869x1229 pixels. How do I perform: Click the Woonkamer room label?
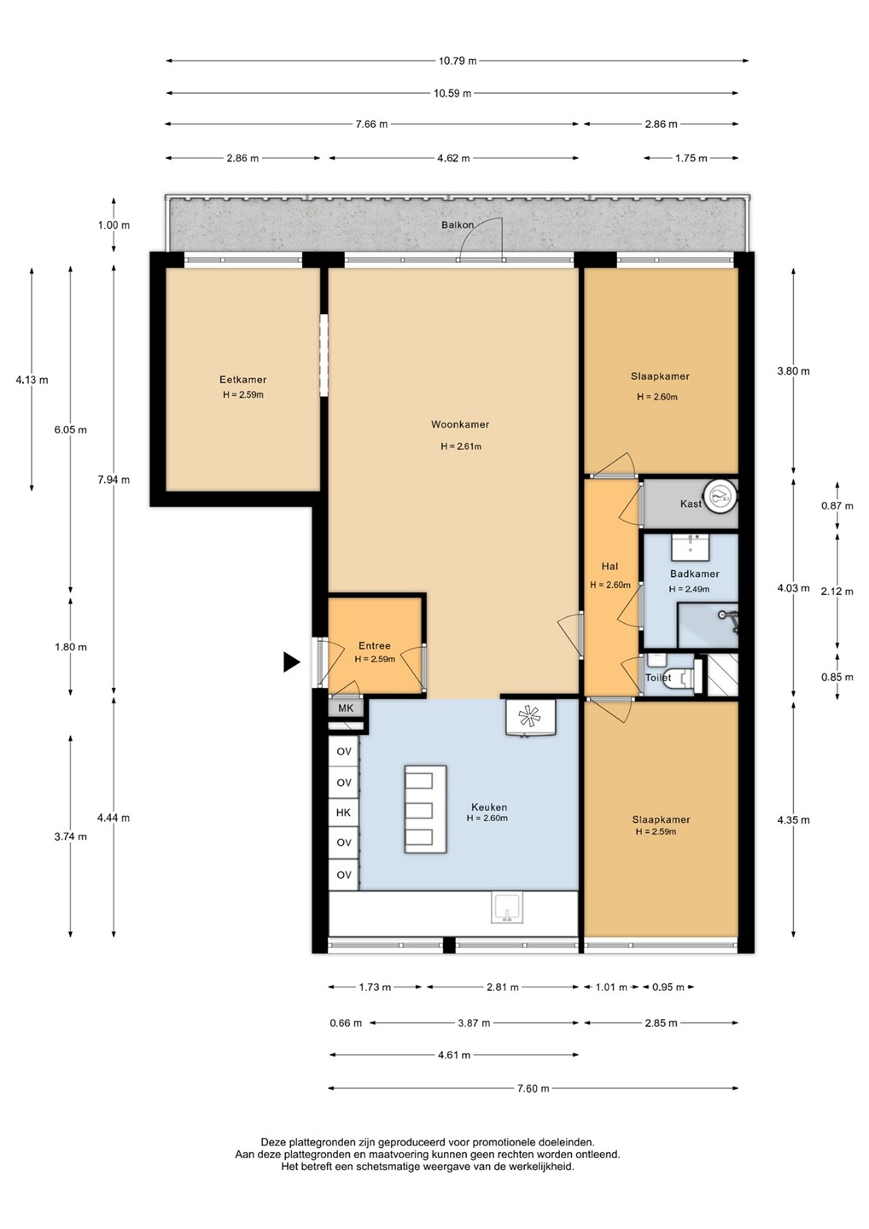coord(460,424)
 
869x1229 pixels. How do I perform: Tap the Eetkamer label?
coord(243,379)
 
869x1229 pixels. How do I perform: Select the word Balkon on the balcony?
coord(458,224)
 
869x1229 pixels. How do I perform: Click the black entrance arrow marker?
coord(291,662)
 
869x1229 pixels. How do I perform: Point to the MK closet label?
coord(346,708)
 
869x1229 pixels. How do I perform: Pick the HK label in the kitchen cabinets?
coord(343,813)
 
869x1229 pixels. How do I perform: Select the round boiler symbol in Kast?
coord(720,497)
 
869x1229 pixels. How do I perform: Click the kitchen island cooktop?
coord(426,809)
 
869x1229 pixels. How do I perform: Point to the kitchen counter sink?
coord(507,908)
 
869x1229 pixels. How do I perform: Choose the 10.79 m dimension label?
coord(457,61)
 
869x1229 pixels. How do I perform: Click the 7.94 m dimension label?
coord(114,480)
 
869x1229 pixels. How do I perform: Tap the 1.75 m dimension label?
coord(691,158)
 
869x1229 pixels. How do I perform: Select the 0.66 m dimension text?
coord(346,1022)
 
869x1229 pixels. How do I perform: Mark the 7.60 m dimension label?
coord(533,1088)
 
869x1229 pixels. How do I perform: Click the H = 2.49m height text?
coord(689,589)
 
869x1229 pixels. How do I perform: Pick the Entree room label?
coord(375,646)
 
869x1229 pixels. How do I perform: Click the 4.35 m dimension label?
coord(793,820)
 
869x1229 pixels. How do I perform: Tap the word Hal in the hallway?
coord(609,566)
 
